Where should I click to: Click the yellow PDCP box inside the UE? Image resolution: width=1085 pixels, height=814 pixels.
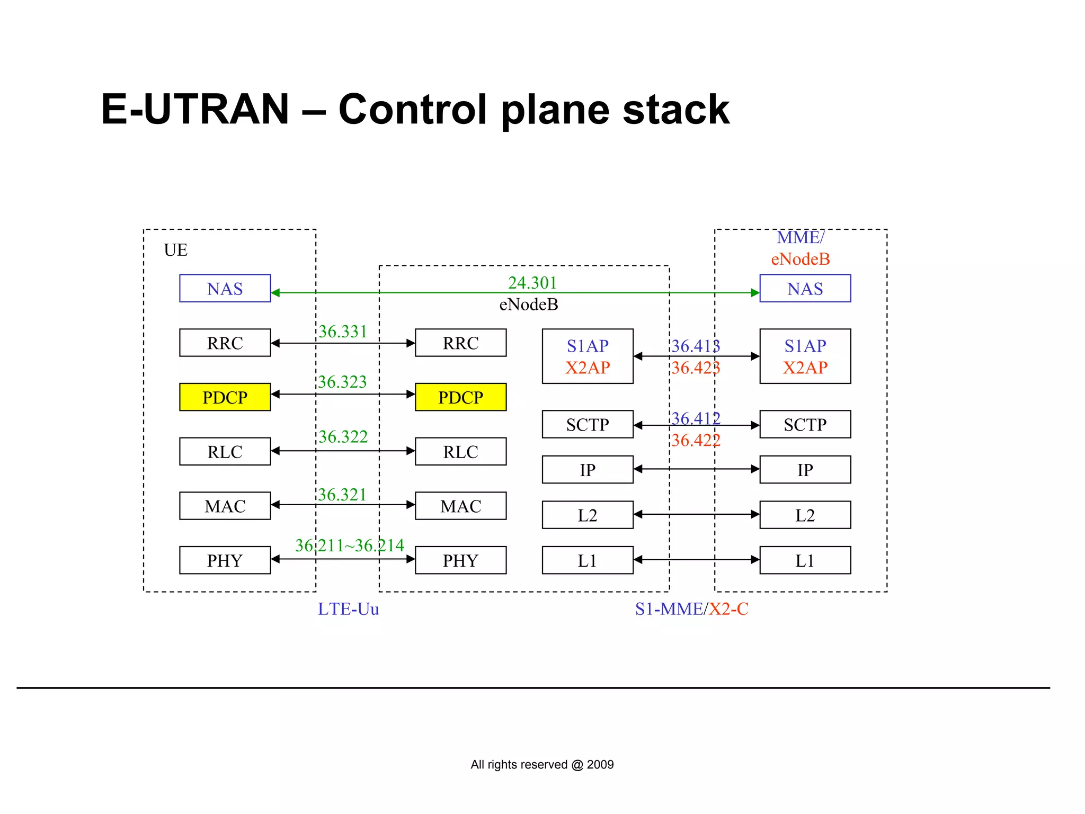pos(225,397)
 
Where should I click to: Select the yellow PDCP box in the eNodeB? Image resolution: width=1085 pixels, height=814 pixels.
pos(460,397)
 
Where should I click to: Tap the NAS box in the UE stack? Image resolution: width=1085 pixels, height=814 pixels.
pos(225,289)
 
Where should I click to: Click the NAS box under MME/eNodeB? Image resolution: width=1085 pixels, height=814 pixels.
pos(805,289)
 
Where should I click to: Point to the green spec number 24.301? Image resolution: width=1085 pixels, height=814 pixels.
pos(532,283)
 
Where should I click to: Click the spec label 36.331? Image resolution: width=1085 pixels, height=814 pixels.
pos(343,332)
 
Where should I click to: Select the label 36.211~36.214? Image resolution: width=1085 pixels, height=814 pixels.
pos(350,545)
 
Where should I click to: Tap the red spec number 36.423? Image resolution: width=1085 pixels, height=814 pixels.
pos(696,368)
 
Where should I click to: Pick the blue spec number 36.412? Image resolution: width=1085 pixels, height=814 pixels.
pos(696,418)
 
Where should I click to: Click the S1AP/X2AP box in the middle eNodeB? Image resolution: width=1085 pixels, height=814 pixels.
pos(588,356)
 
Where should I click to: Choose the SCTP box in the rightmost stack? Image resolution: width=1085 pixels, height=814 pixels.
pos(805,424)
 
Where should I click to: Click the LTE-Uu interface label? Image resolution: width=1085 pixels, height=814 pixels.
pos(348,609)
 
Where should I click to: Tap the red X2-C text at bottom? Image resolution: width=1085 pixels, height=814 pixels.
pos(728,609)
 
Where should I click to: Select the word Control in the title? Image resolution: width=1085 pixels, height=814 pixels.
pos(413,110)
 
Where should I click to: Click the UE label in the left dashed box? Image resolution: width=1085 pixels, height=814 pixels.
pos(175,250)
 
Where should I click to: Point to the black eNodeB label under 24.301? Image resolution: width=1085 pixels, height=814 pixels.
pos(529,305)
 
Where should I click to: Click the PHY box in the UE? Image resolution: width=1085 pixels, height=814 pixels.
pos(225,560)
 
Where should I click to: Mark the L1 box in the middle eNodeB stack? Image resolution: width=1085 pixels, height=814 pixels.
pos(588,560)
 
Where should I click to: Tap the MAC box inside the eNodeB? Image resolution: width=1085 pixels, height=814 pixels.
pos(460,506)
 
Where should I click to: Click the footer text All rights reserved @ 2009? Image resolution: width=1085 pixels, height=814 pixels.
pos(542,765)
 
